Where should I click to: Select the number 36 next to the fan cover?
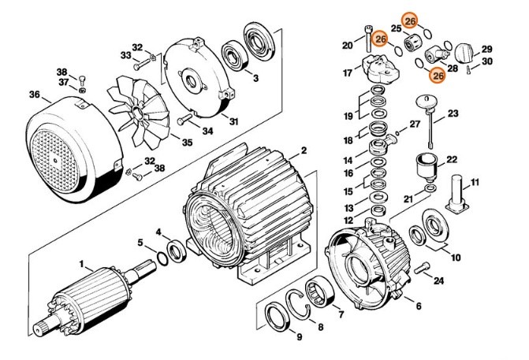click(35, 95)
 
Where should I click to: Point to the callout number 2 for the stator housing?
click(304, 150)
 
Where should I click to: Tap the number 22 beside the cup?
click(452, 160)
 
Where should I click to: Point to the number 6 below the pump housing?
click(418, 305)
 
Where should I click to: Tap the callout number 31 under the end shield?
click(234, 121)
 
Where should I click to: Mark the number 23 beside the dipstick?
click(453, 114)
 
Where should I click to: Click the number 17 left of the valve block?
click(347, 73)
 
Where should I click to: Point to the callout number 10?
click(456, 258)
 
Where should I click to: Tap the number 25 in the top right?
click(396, 28)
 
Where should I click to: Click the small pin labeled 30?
click(470, 71)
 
